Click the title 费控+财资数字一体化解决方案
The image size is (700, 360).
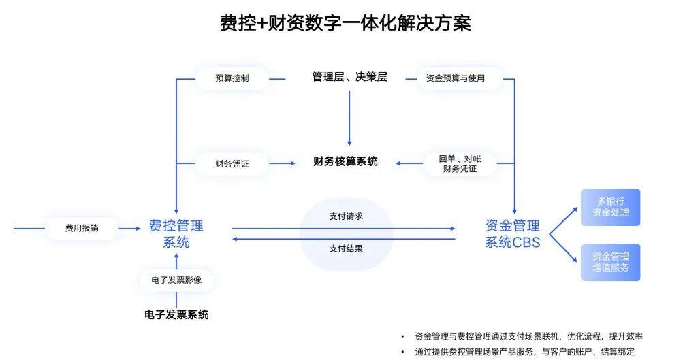coord(345,22)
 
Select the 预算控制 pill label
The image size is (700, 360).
coord(232,78)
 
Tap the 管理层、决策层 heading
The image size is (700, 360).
coord(349,77)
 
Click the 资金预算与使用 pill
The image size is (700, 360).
coord(456,78)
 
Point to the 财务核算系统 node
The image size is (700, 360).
coord(345,161)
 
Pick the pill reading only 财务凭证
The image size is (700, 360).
coord(232,164)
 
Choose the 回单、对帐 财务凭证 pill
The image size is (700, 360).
coord(460,164)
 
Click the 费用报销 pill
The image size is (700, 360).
coord(82,229)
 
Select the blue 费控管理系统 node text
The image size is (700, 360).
coord(176,233)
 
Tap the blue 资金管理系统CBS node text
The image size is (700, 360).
coord(513,233)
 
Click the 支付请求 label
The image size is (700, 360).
coord(346,216)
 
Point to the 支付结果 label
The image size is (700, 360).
coord(346,248)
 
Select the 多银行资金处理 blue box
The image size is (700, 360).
coord(610,207)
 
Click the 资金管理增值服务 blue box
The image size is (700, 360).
coord(610,262)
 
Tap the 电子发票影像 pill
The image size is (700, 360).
coord(176,280)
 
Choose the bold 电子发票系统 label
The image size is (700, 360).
coord(176,315)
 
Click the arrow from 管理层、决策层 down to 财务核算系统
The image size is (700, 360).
coord(349,118)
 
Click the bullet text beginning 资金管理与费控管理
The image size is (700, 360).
coord(528,336)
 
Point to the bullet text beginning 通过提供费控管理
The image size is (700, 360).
coord(524,352)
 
